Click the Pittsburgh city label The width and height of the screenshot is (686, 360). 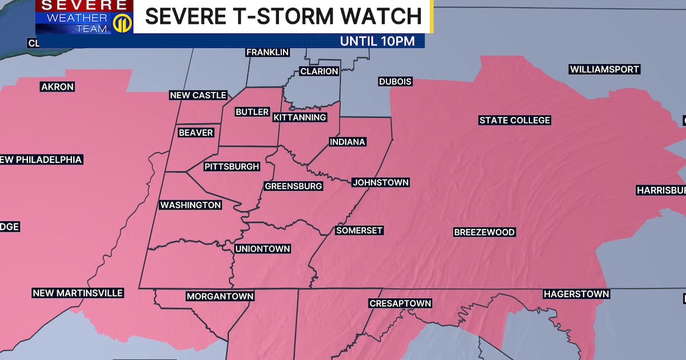click(x=232, y=167)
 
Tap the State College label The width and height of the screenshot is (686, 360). click(x=514, y=120)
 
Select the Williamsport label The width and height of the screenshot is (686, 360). click(x=604, y=69)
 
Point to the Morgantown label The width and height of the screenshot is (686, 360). click(x=220, y=296)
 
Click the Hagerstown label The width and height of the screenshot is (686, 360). click(x=576, y=294)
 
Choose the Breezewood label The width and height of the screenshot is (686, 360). click(x=484, y=232)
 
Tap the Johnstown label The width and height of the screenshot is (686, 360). click(x=380, y=182)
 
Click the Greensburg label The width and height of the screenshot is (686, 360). click(x=293, y=186)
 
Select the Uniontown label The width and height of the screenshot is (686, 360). click(x=263, y=249)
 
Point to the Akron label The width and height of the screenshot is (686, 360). click(x=57, y=87)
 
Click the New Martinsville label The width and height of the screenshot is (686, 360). click(x=78, y=293)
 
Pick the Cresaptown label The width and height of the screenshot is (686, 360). click(x=400, y=303)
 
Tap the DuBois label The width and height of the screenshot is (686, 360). click(x=395, y=82)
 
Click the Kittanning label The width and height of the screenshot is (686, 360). click(x=300, y=117)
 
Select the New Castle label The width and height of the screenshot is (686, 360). click(x=198, y=95)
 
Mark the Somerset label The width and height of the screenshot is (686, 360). click(x=359, y=230)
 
